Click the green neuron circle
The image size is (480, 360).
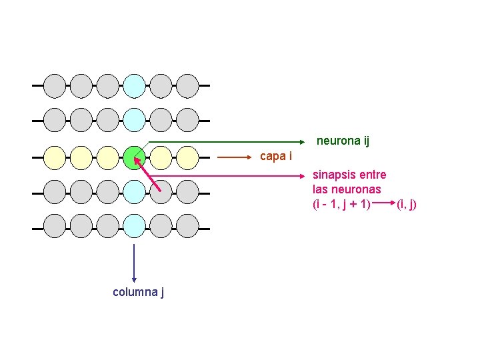click(135, 157)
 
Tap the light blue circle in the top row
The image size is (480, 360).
click(135, 85)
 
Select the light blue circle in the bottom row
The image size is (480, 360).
click(135, 226)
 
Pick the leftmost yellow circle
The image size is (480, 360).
click(55, 157)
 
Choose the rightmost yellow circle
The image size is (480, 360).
click(188, 157)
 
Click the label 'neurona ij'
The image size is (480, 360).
click(343, 141)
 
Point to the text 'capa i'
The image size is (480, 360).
click(275, 156)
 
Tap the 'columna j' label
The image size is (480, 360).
click(139, 291)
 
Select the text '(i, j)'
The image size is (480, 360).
click(406, 203)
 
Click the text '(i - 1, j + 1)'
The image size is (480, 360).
click(341, 203)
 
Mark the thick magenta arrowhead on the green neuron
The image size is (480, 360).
click(138, 161)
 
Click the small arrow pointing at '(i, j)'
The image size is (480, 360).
click(383, 203)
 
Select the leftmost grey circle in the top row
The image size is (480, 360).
click(55, 85)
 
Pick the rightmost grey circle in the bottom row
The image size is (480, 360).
click(188, 226)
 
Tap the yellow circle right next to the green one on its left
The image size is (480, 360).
click(108, 157)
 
